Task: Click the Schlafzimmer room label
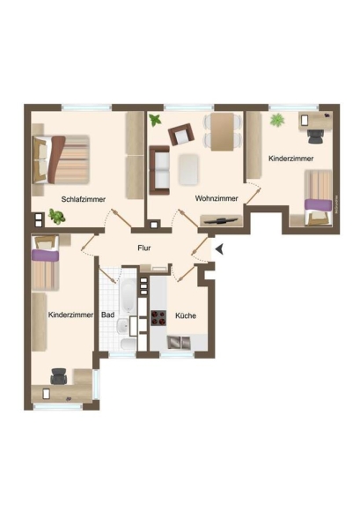pos(84,199)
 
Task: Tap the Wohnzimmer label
pos(217,198)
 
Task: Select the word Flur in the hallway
pos(143,248)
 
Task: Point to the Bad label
pos(107,315)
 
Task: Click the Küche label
pos(186,315)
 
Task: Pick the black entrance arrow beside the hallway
pos(219,249)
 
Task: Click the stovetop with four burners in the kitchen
pos(158,318)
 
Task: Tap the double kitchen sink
pos(179,342)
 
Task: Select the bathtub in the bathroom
pos(129,295)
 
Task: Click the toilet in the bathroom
pos(128,344)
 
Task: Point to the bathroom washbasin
pos(122,326)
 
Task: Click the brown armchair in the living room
pos(181,134)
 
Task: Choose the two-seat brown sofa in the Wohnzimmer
pos(159,170)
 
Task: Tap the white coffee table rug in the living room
pos(188,169)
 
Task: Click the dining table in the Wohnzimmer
pos(223,131)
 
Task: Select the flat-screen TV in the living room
pos(221,220)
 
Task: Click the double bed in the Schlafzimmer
pos(61,159)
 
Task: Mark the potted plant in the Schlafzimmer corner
pos(57,217)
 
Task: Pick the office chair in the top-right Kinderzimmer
pos(315,137)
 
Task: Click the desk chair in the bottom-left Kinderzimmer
pos(59,376)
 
